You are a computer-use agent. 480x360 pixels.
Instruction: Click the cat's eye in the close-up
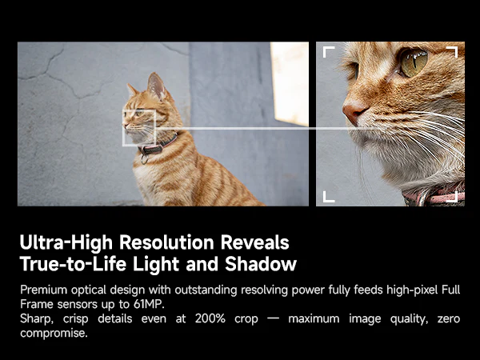click(x=414, y=62)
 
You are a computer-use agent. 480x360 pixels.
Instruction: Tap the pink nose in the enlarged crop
click(x=354, y=113)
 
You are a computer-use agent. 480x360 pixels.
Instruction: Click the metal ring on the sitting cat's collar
click(x=145, y=159)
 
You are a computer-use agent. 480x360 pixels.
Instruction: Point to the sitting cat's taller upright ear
click(x=157, y=86)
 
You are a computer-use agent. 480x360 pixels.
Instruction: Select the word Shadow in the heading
click(x=261, y=264)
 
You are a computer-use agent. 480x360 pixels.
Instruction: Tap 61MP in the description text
click(x=149, y=304)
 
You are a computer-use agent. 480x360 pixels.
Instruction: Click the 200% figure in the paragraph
click(x=210, y=318)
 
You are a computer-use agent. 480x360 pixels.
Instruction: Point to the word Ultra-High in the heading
click(x=66, y=242)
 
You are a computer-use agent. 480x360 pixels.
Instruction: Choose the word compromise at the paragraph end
click(x=54, y=334)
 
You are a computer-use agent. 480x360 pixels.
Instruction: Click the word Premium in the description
click(x=44, y=290)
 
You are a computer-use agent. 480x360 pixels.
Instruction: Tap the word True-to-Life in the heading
click(x=73, y=264)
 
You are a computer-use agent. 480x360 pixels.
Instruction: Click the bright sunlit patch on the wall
click(x=290, y=83)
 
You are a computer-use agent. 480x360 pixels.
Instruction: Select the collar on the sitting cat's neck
click(x=158, y=146)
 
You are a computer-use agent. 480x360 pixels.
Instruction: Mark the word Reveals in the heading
click(x=254, y=242)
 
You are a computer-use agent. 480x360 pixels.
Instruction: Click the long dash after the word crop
click(x=273, y=319)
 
